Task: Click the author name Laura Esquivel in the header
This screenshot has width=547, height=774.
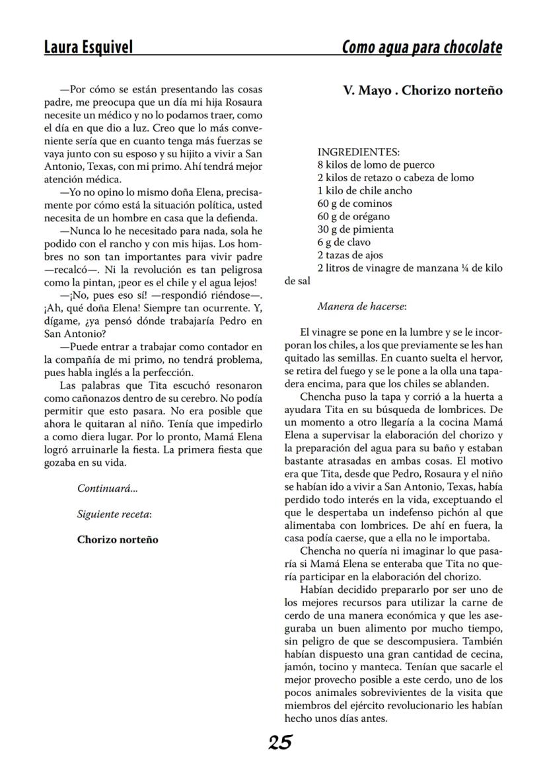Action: (x=88, y=47)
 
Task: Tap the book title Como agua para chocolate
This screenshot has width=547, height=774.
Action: (x=421, y=48)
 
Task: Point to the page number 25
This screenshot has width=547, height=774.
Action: (x=280, y=743)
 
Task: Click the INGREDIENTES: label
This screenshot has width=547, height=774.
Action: (x=358, y=152)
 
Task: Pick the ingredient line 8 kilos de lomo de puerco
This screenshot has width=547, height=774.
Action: (x=375, y=165)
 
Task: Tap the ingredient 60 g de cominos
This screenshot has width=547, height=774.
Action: (x=355, y=204)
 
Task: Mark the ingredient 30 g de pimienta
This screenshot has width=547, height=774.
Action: (x=355, y=229)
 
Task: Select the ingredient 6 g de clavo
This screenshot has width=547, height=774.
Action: (x=345, y=243)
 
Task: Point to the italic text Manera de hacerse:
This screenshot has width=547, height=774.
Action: (x=361, y=307)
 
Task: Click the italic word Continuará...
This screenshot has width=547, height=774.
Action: (x=108, y=489)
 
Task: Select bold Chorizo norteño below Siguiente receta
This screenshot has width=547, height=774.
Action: (x=118, y=539)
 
